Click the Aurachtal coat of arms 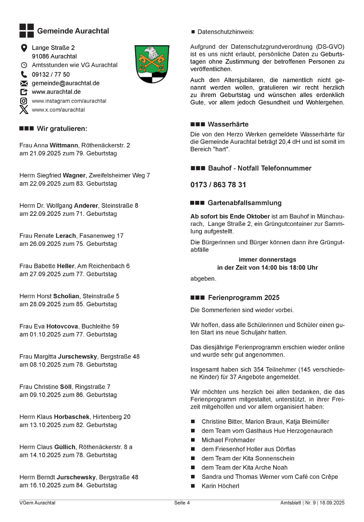pyautogui.click(x=152, y=64)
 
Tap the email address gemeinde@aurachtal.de pyautogui.click(x=65, y=83)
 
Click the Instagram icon pyautogui.click(x=24, y=101)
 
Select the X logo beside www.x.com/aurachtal pyautogui.click(x=24, y=110)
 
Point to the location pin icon pyautogui.click(x=24, y=48)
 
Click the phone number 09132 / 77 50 pyautogui.click(x=51, y=74)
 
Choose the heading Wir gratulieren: pyautogui.click(x=62, y=129)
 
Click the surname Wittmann pyautogui.click(x=64, y=145)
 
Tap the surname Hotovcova pyautogui.click(x=62, y=326)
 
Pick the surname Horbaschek pyautogui.click(x=72, y=417)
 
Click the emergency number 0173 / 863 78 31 pyautogui.click(x=218, y=185)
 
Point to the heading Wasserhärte pyautogui.click(x=228, y=125)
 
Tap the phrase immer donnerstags pyautogui.click(x=267, y=260)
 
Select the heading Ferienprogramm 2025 pyautogui.click(x=244, y=298)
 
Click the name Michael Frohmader pyautogui.click(x=228, y=440)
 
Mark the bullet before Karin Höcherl pyautogui.click(x=193, y=486)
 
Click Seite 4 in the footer pyautogui.click(x=182, y=503)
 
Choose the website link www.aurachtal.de pyautogui.click(x=56, y=92)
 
